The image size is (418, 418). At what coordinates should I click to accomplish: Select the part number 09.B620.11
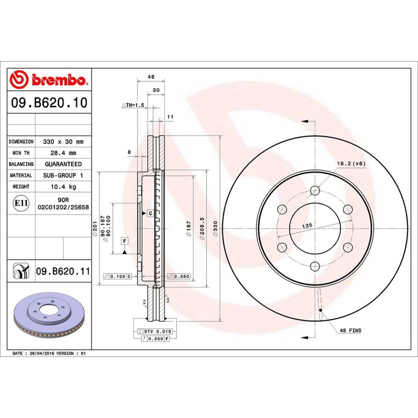63,272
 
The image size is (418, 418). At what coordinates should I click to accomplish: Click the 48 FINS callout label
351,331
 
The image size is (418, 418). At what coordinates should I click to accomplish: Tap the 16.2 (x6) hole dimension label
351,163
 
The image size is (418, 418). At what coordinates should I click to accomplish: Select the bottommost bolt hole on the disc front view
315,266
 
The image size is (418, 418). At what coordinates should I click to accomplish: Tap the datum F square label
124,241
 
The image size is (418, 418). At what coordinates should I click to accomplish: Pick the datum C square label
150,213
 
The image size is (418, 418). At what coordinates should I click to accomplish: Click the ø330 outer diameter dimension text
215,233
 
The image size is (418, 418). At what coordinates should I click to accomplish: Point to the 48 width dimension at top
151,76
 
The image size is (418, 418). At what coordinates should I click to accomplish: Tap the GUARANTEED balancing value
63,164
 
